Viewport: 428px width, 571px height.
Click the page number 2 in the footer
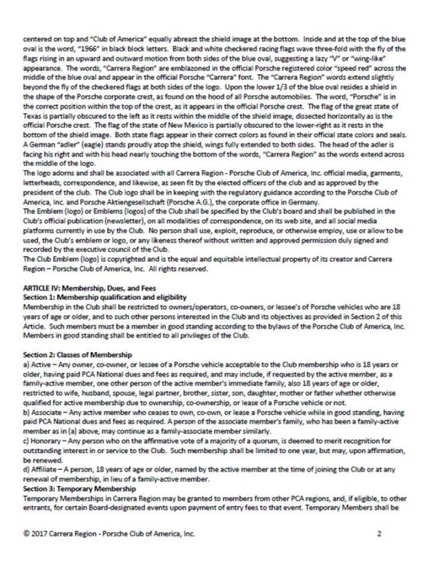tap(379, 534)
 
